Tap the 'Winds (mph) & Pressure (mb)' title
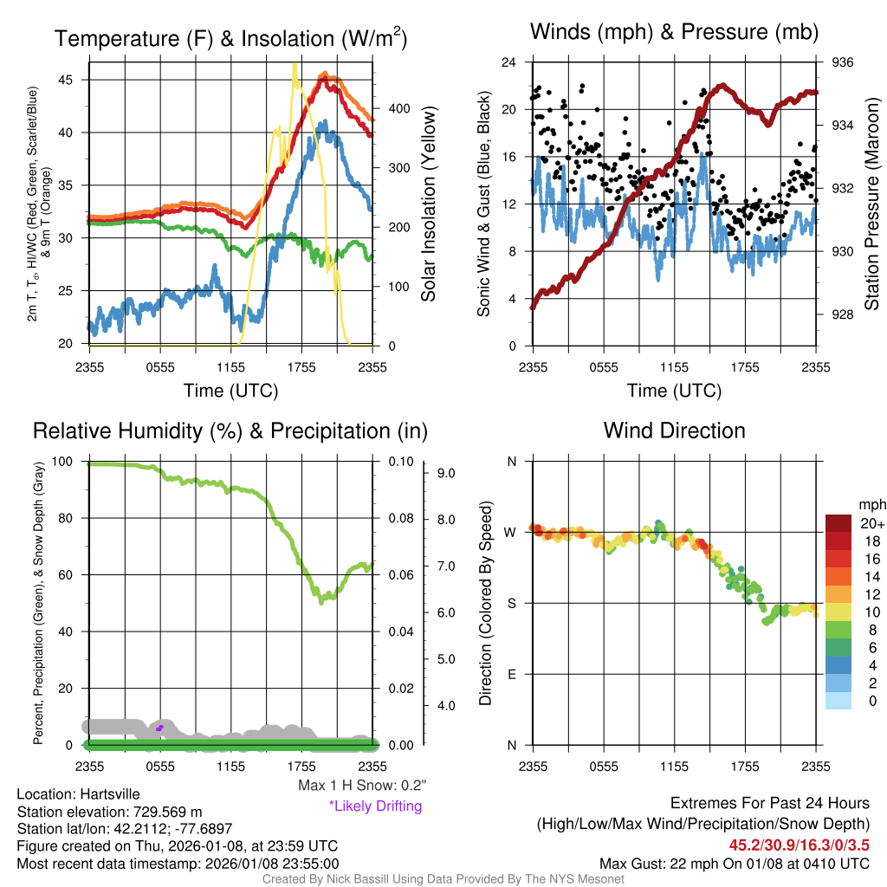675,32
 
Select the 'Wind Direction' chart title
674,431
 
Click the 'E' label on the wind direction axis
512,674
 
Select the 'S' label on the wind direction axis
512,603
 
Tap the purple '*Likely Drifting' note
375,806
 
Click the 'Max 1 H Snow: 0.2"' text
361,786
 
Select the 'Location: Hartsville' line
78,794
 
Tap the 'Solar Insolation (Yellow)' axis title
428,204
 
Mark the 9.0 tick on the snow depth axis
446,473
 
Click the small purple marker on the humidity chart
159,728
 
